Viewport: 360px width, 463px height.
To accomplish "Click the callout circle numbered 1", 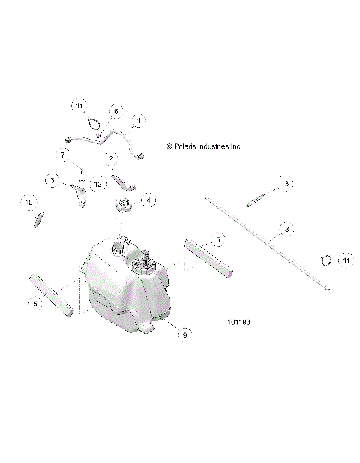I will click(x=139, y=120).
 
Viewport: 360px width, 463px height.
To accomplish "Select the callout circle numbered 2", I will click(x=110, y=159).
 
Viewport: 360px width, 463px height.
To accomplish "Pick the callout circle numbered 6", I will click(x=115, y=111).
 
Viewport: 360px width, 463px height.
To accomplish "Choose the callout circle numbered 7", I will click(x=64, y=154).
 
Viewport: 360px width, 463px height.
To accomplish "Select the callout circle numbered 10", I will click(x=30, y=202).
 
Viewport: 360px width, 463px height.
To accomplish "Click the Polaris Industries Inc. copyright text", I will click(x=203, y=146).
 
